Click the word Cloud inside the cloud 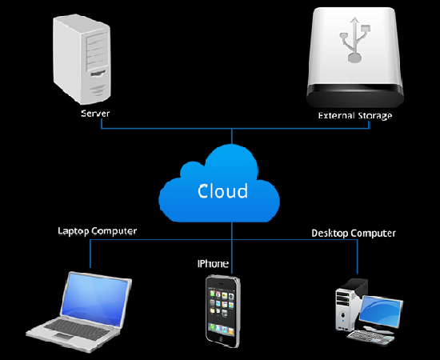click(x=223, y=191)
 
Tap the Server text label click(x=95, y=114)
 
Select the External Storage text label click(x=355, y=116)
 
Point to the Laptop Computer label click(x=98, y=231)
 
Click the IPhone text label click(x=213, y=264)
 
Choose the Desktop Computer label click(x=354, y=233)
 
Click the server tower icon click(x=82, y=59)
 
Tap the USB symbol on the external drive click(x=355, y=39)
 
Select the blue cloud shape click(x=219, y=183)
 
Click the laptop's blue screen click(x=95, y=298)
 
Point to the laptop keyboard click(x=76, y=329)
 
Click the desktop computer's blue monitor click(x=382, y=311)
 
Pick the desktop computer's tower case click(x=351, y=304)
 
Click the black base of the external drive click(x=355, y=96)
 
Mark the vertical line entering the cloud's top click(x=232, y=136)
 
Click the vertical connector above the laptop click(x=90, y=254)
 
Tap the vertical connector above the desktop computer click(x=358, y=257)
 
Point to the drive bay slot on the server click(x=98, y=74)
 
